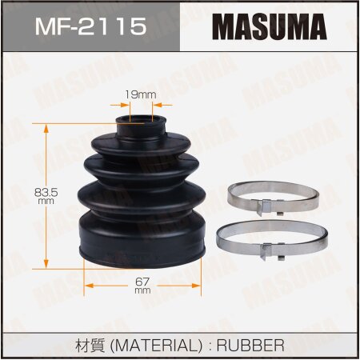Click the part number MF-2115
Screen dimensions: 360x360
[x=91, y=26]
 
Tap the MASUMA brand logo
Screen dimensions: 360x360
[x=270, y=26]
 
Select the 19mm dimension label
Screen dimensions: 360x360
[x=141, y=94]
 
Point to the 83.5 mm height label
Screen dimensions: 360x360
[x=46, y=196]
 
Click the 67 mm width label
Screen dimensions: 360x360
[x=142, y=286]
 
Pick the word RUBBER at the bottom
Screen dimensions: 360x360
[x=250, y=346]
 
